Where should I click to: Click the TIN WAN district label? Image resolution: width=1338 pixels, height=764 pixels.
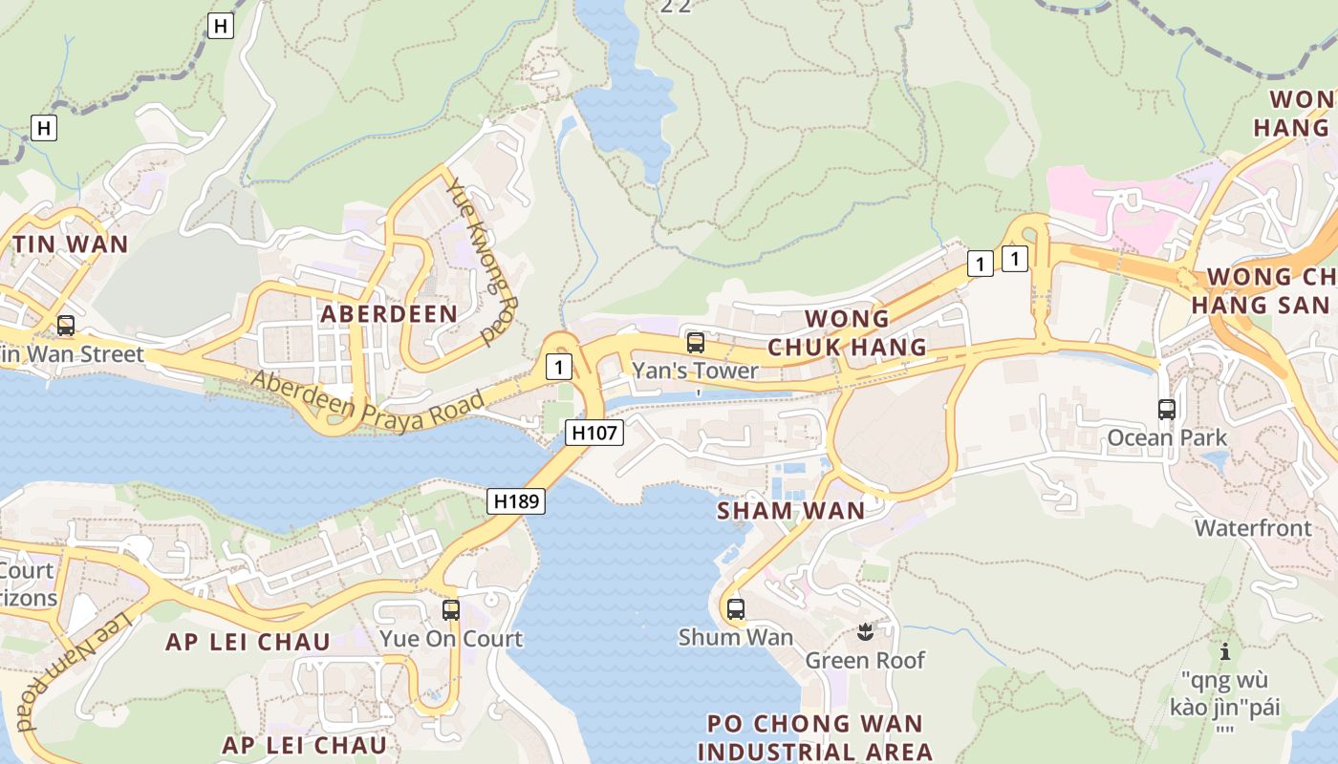(70, 244)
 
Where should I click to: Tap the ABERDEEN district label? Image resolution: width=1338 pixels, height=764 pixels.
(389, 313)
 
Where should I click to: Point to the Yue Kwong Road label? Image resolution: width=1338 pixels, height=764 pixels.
(484, 261)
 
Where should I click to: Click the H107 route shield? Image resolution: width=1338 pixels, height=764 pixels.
(594, 433)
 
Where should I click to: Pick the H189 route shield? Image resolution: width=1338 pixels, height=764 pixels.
(516, 500)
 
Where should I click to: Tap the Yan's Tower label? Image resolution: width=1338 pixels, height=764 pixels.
(695, 371)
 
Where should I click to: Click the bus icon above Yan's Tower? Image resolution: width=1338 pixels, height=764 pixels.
(696, 343)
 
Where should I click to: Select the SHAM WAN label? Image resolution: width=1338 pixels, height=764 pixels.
(790, 511)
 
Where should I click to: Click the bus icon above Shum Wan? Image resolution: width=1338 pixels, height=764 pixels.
(735, 608)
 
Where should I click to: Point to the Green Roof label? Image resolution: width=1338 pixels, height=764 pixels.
(865, 660)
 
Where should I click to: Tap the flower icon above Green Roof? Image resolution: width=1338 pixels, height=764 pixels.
(865, 631)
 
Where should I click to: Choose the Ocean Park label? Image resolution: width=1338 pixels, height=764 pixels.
(1167, 437)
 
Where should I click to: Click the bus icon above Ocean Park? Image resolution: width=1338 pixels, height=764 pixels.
(1167, 410)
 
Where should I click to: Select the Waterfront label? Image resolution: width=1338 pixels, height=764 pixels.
(1253, 527)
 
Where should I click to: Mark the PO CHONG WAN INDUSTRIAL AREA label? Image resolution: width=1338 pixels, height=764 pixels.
(815, 737)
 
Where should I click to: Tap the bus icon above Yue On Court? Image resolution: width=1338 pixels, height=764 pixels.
(451, 609)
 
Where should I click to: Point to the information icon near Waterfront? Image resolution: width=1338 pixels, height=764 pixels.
(1225, 652)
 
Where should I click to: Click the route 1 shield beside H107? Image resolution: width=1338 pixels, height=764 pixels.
(559, 366)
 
